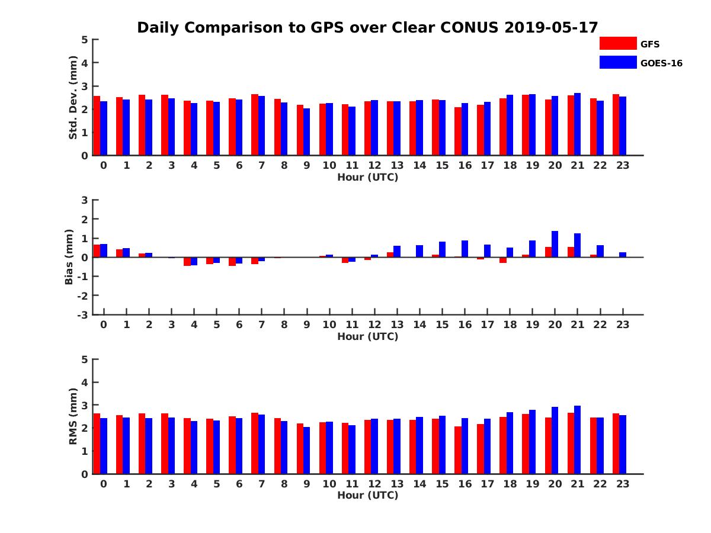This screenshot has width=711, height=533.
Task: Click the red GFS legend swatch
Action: click(617, 43)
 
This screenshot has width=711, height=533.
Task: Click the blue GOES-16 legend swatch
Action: click(617, 62)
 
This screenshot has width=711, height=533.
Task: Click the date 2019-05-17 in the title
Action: click(552, 27)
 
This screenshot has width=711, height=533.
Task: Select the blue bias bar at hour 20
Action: click(555, 244)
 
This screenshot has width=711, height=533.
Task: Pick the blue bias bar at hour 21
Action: click(578, 245)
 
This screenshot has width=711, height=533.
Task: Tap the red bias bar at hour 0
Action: click(97, 251)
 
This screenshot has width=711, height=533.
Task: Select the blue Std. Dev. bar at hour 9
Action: click(307, 132)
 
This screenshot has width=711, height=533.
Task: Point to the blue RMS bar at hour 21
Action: click(578, 440)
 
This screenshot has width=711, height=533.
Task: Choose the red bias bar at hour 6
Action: click(232, 261)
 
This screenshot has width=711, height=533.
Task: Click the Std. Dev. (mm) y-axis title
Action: click(73, 98)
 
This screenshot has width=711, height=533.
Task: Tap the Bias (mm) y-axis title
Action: click(69, 257)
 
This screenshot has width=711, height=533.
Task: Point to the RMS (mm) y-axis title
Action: click(73, 416)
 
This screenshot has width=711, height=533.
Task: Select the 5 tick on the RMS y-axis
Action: click(85, 359)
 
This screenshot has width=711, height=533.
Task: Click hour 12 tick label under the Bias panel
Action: click(374, 325)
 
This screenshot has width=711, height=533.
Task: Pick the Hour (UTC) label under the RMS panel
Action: click(367, 495)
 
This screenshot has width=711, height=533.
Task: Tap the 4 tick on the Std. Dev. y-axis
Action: click(85, 63)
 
